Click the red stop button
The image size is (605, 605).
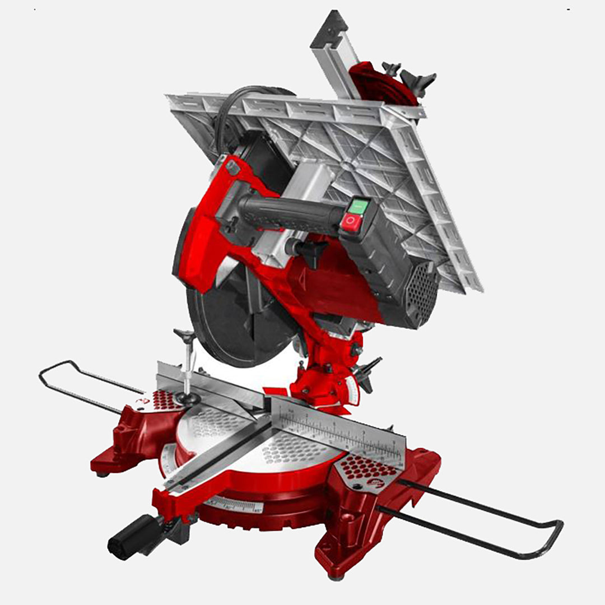(351, 222)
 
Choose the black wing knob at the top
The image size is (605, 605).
(417, 81)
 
